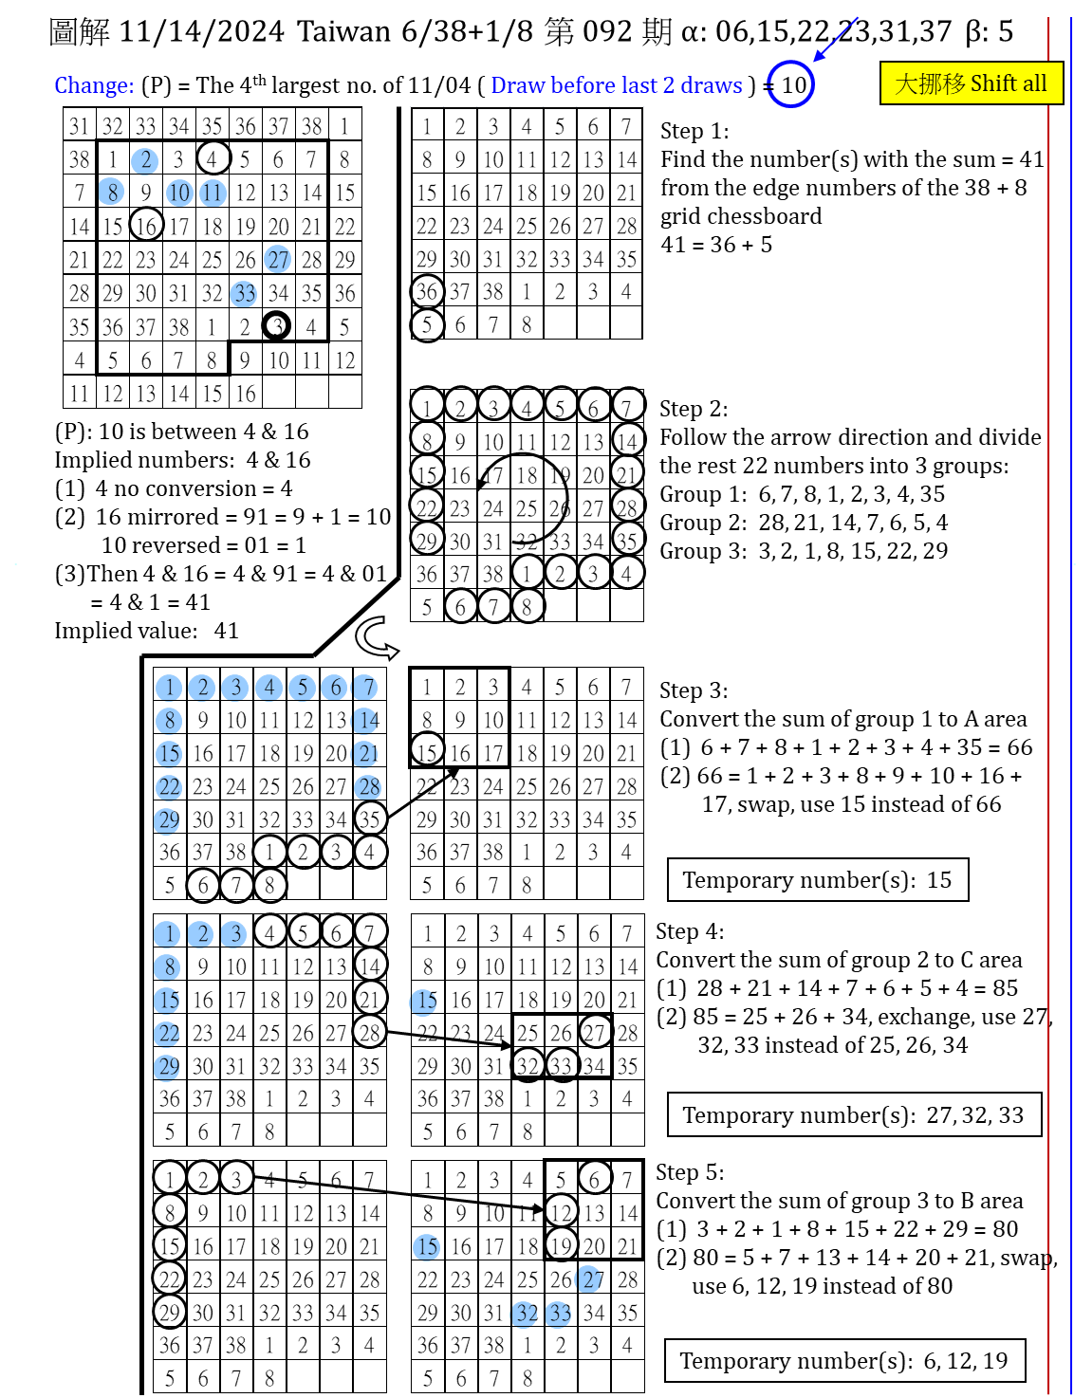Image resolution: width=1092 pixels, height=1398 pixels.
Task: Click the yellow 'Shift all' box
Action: [x=971, y=83]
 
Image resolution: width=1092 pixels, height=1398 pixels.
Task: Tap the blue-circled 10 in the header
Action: [x=791, y=84]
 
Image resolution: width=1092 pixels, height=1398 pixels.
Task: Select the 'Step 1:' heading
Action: [x=694, y=131]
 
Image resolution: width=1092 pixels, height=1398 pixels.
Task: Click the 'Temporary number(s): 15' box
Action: [x=817, y=879]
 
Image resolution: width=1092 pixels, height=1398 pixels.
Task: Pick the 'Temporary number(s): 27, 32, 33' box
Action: [x=853, y=1114]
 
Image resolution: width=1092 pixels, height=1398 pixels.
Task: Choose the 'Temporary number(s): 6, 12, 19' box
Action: [x=843, y=1361]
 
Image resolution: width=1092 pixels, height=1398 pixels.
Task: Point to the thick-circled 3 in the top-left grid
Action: [x=276, y=326]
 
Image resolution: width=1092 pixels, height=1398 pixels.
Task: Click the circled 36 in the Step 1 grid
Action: [x=427, y=291]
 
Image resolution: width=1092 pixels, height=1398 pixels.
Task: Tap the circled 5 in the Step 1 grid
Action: [x=427, y=324]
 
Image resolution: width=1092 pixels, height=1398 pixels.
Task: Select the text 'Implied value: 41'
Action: [x=146, y=631]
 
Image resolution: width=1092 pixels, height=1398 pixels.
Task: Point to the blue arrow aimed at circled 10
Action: [x=835, y=39]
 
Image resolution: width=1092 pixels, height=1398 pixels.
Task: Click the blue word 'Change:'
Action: [x=94, y=85]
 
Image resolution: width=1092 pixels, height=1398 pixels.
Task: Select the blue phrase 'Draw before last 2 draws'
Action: [x=616, y=85]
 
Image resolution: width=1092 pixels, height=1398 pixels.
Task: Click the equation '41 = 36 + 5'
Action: [x=716, y=245]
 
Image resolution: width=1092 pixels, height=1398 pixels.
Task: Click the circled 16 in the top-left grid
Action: [x=145, y=226]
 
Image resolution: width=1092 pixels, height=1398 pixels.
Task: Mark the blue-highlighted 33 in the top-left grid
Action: [x=244, y=293]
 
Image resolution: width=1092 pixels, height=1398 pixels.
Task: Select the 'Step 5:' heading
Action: [x=690, y=1172]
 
